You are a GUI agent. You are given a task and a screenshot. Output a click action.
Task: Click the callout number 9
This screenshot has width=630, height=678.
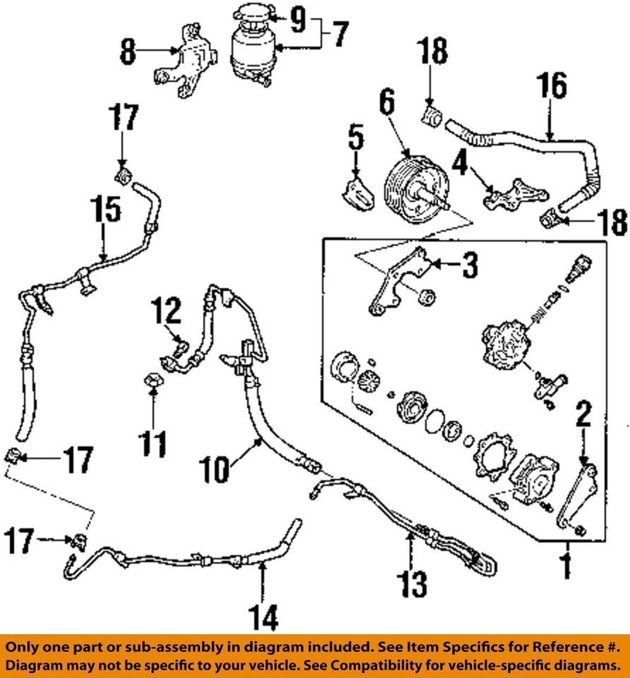point(298,20)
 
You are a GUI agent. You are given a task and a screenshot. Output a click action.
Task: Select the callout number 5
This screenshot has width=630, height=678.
point(355,138)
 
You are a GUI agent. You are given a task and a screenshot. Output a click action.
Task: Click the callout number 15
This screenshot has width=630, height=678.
point(105,210)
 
